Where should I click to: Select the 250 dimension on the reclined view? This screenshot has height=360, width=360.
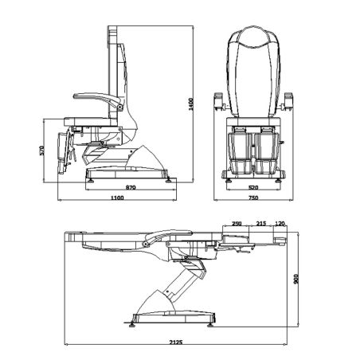click(x=237, y=225)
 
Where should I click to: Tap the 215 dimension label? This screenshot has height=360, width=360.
click(x=261, y=225)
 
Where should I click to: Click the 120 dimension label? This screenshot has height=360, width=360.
click(x=280, y=225)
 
